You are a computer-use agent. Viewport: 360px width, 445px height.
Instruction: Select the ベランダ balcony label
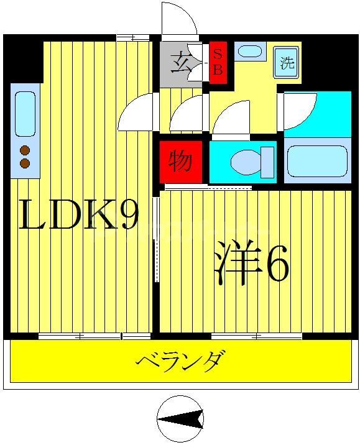(180, 361)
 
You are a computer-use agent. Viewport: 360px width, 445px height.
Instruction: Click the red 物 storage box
(180, 162)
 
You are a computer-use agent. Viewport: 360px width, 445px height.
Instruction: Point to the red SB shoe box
(218, 62)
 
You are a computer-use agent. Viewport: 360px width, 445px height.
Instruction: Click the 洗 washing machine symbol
(287, 63)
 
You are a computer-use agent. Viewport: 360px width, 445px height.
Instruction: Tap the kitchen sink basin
(25, 114)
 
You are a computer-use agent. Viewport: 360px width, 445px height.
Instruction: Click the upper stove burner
(25, 150)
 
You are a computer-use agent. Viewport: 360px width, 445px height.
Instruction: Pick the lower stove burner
(25, 163)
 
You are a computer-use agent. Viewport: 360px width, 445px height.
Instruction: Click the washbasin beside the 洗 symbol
(250, 52)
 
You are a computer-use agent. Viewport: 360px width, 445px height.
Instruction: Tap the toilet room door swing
(231, 118)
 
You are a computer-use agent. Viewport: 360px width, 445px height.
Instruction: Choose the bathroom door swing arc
(302, 112)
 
